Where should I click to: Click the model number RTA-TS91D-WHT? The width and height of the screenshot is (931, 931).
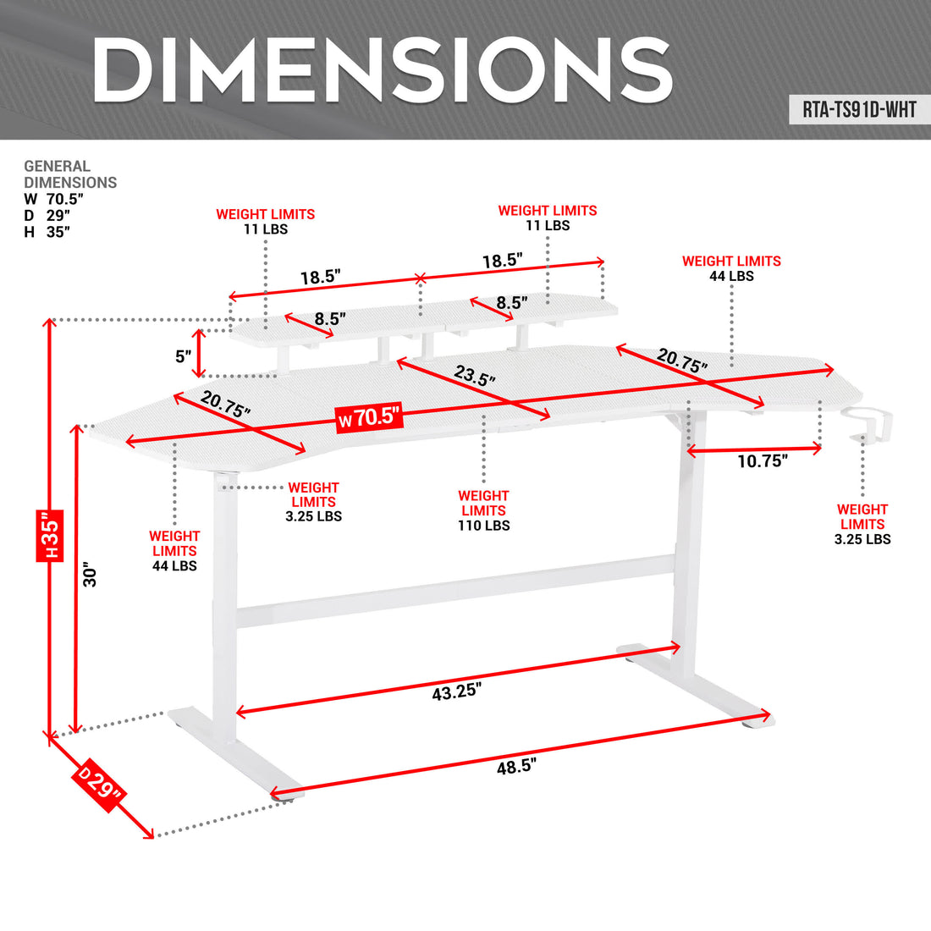[859, 110]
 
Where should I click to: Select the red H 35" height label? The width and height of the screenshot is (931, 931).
[50, 535]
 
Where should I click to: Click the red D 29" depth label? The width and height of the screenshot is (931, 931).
[99, 785]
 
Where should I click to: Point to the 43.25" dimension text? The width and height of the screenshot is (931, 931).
[456, 691]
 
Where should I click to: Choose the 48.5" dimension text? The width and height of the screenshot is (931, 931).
[516, 767]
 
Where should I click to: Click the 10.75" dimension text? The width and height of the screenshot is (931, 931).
[763, 460]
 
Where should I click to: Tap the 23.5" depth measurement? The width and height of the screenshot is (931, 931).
[475, 375]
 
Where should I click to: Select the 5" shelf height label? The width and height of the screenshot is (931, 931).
[184, 356]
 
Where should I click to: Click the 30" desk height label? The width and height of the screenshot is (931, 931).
[90, 574]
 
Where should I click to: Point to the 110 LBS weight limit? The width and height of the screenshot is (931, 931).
[484, 526]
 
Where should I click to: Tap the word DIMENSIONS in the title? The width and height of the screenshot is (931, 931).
[383, 69]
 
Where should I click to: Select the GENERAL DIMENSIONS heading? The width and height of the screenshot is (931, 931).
[70, 174]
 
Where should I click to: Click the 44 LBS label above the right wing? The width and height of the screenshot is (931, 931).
[731, 276]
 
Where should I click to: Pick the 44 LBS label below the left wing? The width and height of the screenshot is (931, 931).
[174, 566]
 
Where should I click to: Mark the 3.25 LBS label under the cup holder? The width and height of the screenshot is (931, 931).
[862, 539]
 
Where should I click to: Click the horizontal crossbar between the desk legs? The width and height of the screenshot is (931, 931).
[456, 592]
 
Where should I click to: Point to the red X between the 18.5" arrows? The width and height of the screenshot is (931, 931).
[421, 278]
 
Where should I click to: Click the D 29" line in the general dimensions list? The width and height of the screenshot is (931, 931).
[47, 216]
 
